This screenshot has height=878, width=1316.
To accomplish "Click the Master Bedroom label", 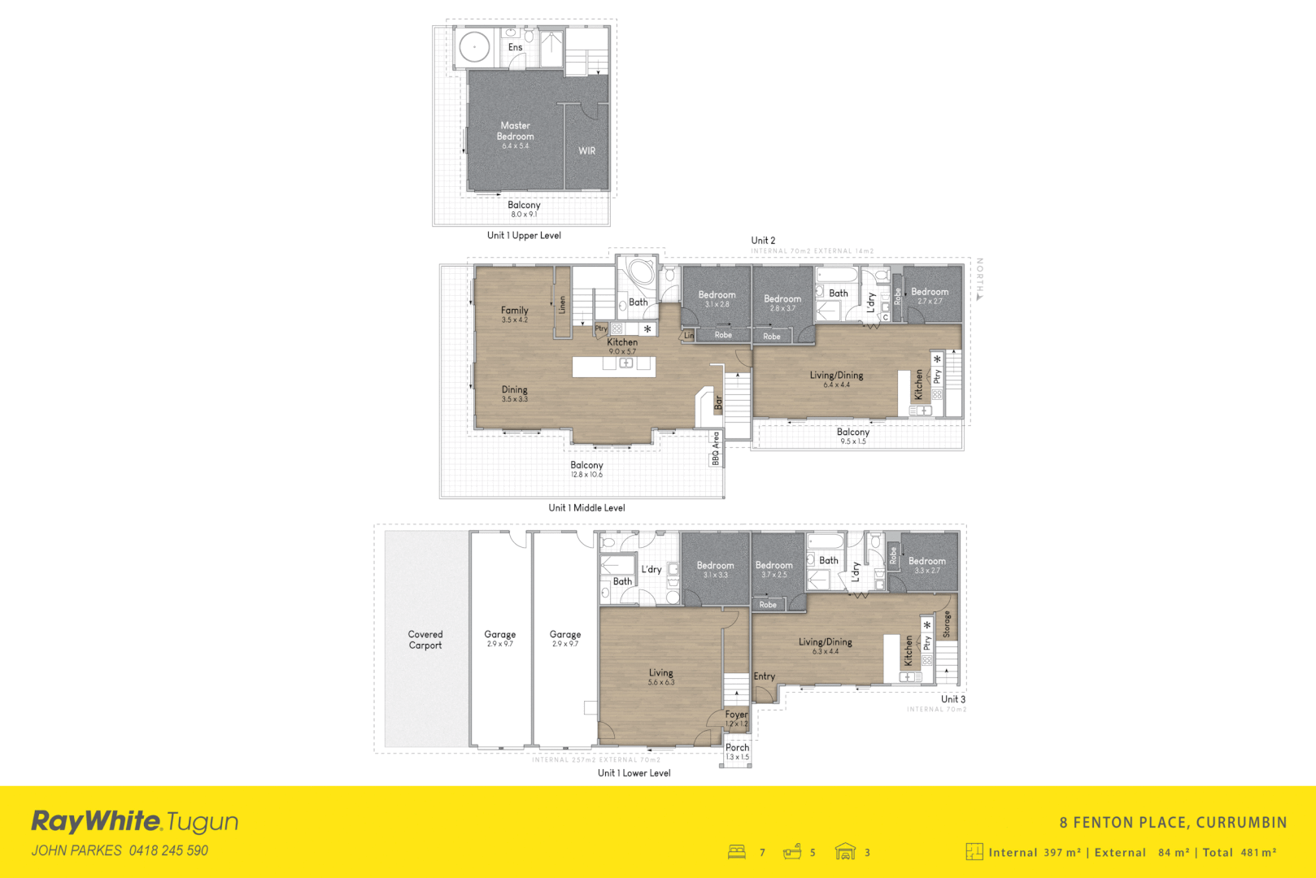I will click(515, 131).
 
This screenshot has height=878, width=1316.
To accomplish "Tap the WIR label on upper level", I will click(586, 151).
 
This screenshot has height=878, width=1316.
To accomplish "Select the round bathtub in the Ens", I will click(473, 47).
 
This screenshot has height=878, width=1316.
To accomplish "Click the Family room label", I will click(514, 311).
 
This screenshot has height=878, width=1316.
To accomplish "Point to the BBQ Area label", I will click(716, 449).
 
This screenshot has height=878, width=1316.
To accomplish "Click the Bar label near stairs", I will click(718, 402).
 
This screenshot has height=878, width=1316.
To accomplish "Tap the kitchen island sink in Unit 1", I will click(626, 363).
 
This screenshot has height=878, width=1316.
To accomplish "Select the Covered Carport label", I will click(425, 640).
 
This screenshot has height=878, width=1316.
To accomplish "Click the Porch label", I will click(737, 748).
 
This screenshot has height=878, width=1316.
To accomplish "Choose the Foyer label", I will click(736, 715).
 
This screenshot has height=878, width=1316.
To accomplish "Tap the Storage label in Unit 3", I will click(946, 624).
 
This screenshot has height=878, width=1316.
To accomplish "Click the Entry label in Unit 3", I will click(764, 676).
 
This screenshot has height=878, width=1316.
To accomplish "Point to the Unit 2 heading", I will click(762, 241).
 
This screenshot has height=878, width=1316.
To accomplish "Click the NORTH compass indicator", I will click(980, 279).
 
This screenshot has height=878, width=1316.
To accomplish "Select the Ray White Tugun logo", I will click(134, 822).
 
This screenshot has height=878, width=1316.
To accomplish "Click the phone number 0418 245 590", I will click(168, 850).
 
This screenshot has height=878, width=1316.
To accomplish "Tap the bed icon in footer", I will click(737, 852).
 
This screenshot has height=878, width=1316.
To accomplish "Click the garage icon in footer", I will click(845, 851).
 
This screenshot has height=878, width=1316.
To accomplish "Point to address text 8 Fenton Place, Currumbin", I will click(1172, 823).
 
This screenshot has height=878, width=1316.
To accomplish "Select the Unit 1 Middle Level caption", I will click(586, 508).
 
